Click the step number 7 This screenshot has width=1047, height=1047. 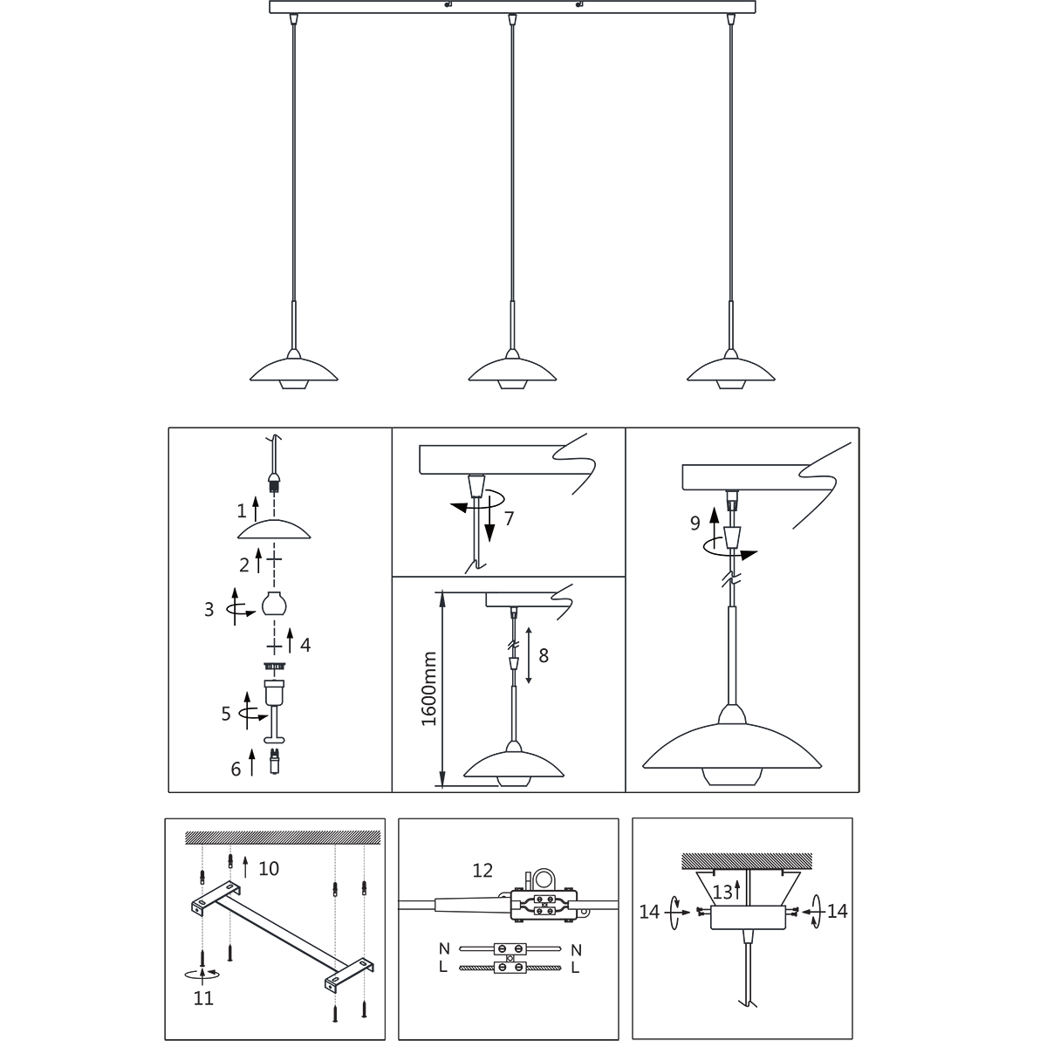[x=509, y=519]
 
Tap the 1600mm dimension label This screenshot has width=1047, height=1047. [x=429, y=689]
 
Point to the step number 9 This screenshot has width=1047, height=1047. [x=695, y=523]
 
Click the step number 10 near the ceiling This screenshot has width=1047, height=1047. [x=269, y=868]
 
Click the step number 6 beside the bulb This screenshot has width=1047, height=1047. [x=236, y=769]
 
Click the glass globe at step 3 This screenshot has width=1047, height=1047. [x=274, y=604]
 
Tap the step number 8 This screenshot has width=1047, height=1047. [x=544, y=656]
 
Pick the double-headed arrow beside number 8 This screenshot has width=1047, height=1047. [x=528, y=655]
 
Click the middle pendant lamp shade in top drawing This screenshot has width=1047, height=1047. [x=512, y=373]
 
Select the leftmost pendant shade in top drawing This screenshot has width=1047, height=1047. [x=294, y=373]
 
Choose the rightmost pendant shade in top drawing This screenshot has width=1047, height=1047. [x=731, y=373]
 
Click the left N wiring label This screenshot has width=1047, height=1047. [x=444, y=948]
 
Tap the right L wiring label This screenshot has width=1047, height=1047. [x=576, y=968]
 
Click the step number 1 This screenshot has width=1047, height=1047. [x=242, y=510]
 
